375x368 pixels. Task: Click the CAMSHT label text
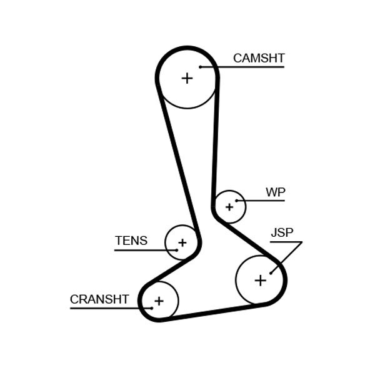258,58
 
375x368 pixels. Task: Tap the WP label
275,192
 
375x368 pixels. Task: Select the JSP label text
281,233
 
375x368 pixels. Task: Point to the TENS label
131,241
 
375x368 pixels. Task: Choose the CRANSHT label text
99,299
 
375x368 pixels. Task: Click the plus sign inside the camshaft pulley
187,78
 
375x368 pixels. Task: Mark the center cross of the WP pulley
229,207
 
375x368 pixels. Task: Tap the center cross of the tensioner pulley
182,242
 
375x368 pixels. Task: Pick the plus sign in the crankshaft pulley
159,301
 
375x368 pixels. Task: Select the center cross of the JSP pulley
260,281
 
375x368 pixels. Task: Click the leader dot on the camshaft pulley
201,66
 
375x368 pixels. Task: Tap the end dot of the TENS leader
176,250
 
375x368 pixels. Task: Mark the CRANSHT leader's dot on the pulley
151,308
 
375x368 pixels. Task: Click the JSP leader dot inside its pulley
271,272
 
